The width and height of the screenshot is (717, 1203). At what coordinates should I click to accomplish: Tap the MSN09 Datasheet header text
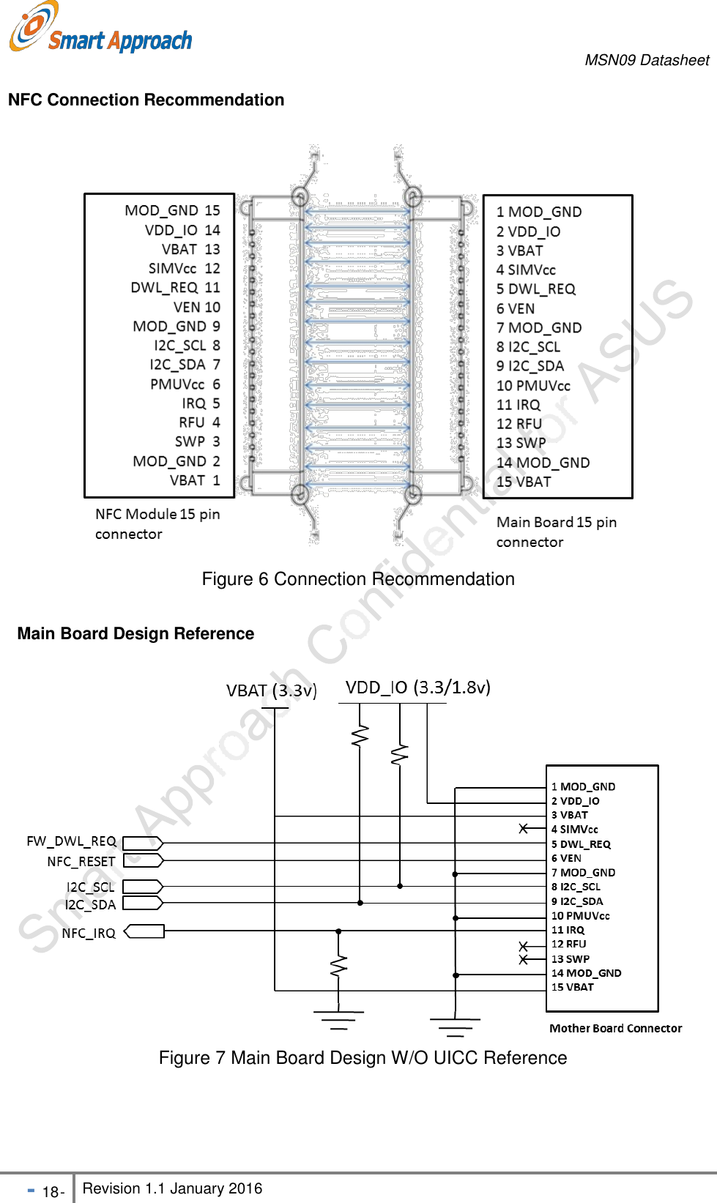point(647,60)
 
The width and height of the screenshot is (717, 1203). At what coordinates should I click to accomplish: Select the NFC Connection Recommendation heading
point(146,100)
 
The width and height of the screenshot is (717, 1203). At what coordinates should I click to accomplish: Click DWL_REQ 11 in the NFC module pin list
point(175,288)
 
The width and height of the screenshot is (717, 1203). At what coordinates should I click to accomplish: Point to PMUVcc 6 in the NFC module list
point(185,384)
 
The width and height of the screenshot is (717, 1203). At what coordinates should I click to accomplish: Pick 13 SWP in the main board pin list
point(521,443)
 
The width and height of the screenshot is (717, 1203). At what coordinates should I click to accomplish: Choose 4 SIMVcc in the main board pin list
point(526,270)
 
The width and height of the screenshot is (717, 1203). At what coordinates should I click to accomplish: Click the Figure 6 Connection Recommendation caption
point(358,579)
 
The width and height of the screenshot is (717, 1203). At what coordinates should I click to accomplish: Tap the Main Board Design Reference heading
point(135,633)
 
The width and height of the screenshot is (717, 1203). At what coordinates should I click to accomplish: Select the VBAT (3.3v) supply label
point(271,690)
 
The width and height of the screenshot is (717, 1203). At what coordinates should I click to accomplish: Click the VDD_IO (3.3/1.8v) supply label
point(417,688)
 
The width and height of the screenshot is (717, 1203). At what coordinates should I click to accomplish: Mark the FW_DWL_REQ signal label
point(71,841)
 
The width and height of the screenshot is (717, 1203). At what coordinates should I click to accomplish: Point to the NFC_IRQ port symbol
point(144,931)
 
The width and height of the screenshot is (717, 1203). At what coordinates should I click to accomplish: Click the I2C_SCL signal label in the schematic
point(90,887)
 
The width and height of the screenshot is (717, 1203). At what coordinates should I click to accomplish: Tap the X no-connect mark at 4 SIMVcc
point(524,829)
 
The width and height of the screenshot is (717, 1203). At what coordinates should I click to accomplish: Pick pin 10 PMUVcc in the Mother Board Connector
point(580,916)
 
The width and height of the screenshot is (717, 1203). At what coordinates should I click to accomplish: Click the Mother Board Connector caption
point(615,1028)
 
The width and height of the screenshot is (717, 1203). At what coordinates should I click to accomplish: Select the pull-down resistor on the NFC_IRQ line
point(338,967)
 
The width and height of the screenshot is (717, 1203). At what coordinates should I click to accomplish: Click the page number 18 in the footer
point(51,1192)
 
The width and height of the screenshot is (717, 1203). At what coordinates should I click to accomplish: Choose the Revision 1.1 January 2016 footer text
point(172,1188)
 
